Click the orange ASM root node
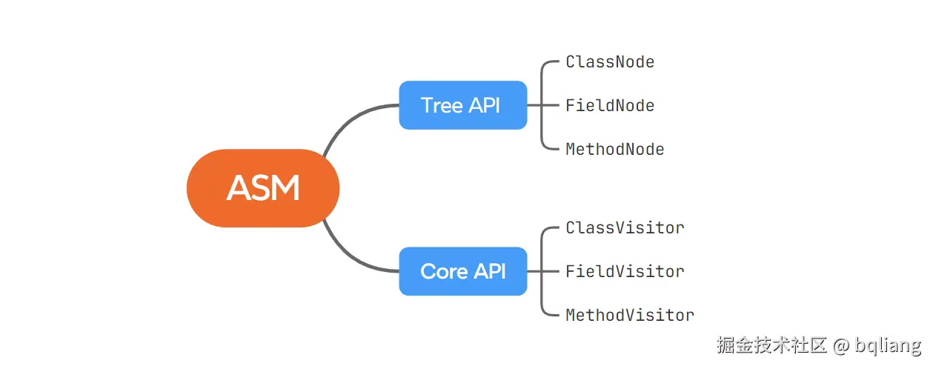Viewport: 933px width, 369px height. [262, 188]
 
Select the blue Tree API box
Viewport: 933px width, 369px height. [462, 105]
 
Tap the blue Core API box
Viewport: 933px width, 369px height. [462, 271]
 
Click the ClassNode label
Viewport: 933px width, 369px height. [610, 62]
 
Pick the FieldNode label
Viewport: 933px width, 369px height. [610, 106]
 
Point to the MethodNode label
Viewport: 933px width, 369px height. [614, 150]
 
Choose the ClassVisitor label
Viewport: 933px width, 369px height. [625, 228]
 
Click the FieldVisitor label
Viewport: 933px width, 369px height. [625, 272]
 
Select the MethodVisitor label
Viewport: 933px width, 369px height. [630, 316]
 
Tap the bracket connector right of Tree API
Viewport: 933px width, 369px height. [542, 105]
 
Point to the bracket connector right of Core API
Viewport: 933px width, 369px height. [542, 271]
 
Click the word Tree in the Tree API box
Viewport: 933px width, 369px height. [442, 105]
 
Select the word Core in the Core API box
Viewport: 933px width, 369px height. [444, 271]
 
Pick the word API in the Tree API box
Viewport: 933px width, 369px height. [485, 105]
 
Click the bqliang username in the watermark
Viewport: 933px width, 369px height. [888, 345]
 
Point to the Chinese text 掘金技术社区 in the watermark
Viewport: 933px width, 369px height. [771, 345]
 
